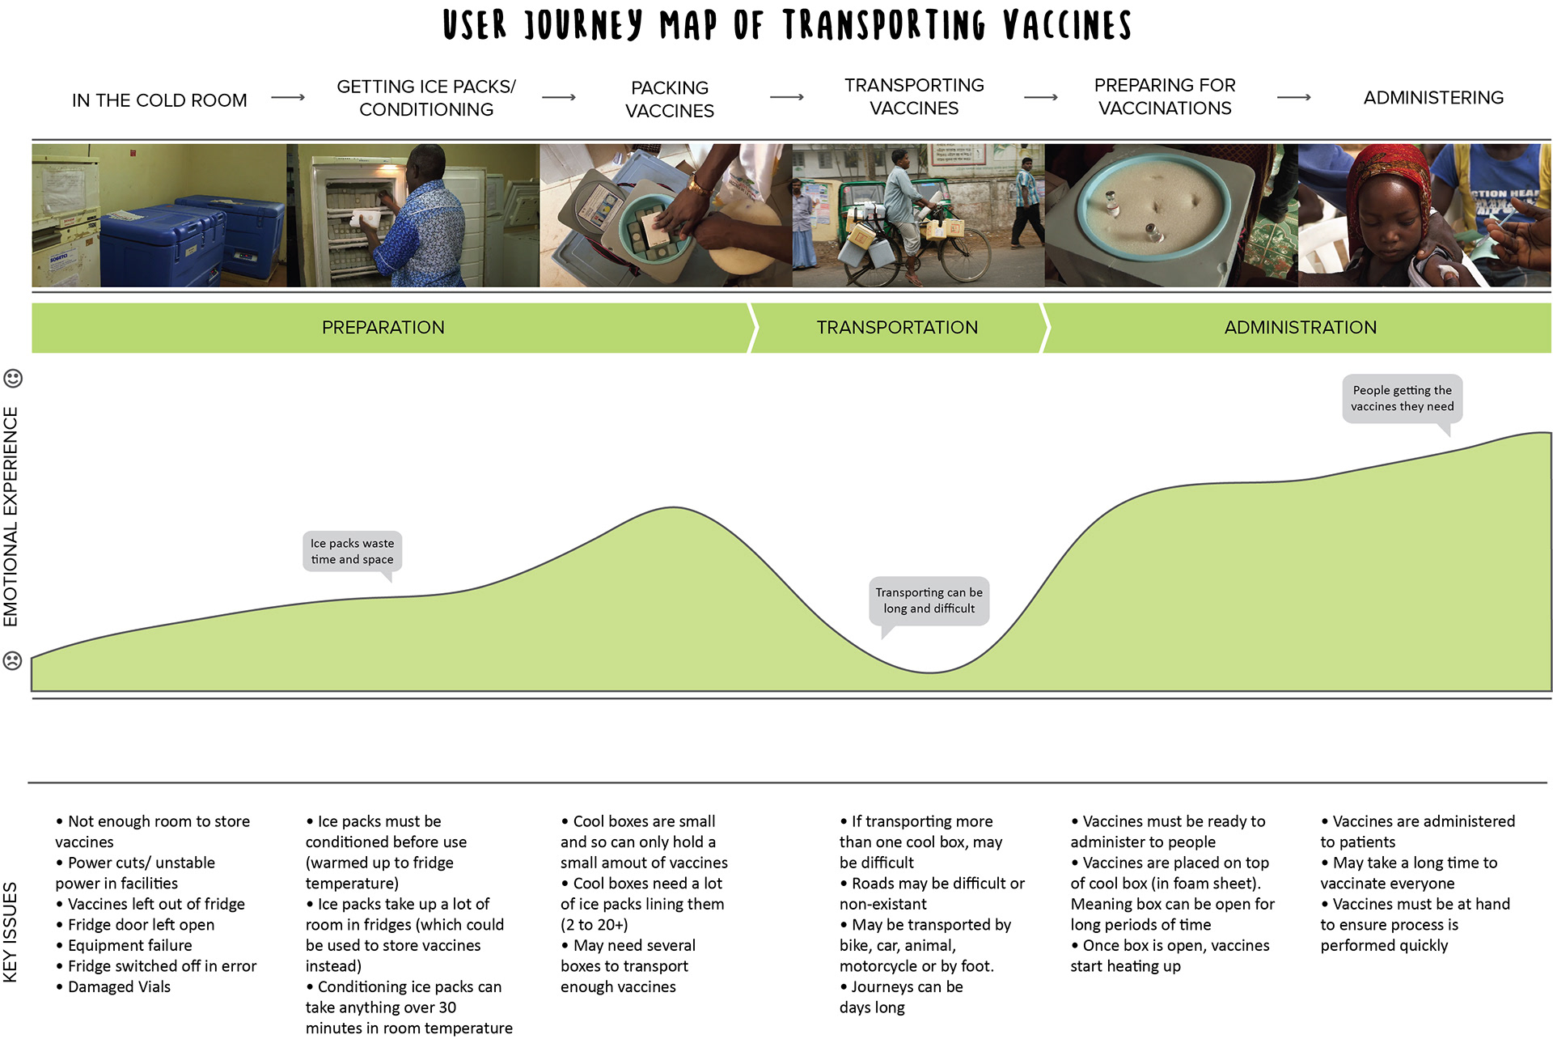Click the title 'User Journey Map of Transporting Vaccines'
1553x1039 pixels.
[787, 25]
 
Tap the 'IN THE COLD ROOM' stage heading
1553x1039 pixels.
[159, 100]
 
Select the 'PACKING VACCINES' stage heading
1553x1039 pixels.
[670, 99]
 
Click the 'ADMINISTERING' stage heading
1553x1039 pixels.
[1433, 98]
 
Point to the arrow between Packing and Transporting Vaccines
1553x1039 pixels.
[787, 97]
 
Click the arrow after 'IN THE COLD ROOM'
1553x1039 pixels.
[288, 97]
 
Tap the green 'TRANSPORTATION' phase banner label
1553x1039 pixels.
[897, 328]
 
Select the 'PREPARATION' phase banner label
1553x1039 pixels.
[383, 328]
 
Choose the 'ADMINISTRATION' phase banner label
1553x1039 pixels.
[1301, 328]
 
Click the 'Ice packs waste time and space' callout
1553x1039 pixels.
[353, 552]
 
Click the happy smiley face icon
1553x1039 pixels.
[13, 378]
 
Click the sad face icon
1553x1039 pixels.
[13, 660]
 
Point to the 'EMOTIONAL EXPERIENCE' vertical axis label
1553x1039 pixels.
[11, 517]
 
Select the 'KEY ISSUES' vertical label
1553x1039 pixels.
[11, 932]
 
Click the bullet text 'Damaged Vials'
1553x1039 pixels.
[119, 986]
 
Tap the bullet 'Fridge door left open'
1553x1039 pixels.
[141, 925]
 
